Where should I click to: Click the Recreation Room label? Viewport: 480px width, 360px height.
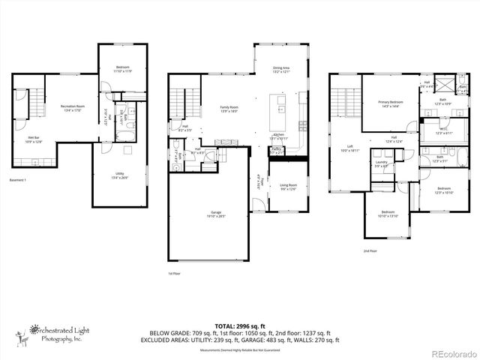pos(73,108)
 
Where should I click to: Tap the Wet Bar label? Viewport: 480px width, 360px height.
pos(34,139)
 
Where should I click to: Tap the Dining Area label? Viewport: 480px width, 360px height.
pos(280,70)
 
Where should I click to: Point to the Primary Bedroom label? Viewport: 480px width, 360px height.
pos(390,103)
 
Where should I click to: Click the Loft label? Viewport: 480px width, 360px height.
pos(349,148)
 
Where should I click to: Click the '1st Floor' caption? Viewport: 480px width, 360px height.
pos(175,274)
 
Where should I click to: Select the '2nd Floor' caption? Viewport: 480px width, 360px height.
pos(370,251)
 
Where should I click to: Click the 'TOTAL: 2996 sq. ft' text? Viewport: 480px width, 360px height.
pos(239,325)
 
